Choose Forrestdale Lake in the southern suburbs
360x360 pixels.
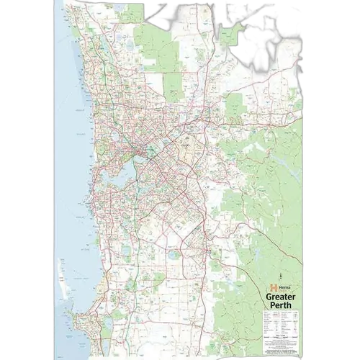pyautogui.click(x=173, y=251)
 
